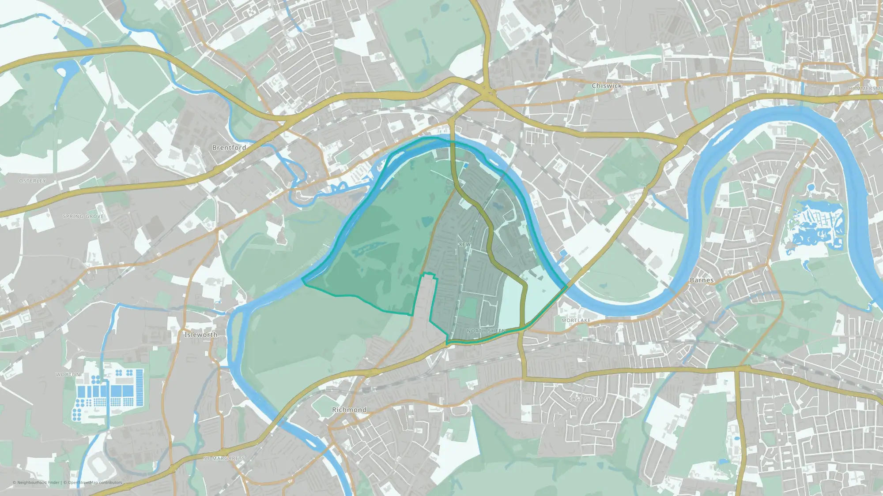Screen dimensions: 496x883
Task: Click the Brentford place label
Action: (229, 148)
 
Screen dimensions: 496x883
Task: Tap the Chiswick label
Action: (607, 86)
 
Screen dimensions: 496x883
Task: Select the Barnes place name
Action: (702, 280)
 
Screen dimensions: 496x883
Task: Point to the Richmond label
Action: (349, 410)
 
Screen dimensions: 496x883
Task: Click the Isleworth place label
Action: (201, 335)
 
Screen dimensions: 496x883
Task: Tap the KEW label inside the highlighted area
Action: (464, 244)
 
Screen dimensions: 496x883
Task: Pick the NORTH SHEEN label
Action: (486, 331)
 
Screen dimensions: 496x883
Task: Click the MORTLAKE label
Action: (576, 320)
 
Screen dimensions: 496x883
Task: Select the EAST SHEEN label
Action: (585, 399)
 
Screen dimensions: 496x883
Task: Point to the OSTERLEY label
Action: (33, 181)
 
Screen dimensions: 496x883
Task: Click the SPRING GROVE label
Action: (83, 216)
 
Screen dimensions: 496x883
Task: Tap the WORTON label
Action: (68, 374)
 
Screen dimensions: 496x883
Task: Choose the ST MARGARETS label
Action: (224, 459)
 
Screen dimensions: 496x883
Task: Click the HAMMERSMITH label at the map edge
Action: (865, 89)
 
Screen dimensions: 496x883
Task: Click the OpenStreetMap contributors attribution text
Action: (95, 482)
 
